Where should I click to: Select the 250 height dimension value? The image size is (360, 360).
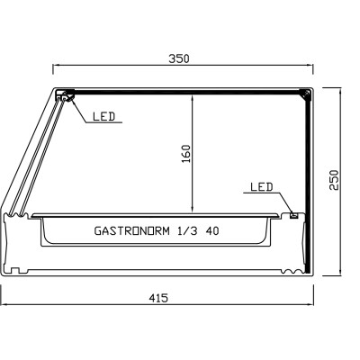[x=335, y=181]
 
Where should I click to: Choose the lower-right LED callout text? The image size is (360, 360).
[x=260, y=187]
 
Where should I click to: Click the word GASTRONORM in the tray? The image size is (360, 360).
[x=127, y=230]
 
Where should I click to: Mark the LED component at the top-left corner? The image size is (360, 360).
[x=65, y=96]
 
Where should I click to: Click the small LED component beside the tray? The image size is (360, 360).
[x=293, y=214]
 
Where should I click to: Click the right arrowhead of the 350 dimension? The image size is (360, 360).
[x=311, y=66]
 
